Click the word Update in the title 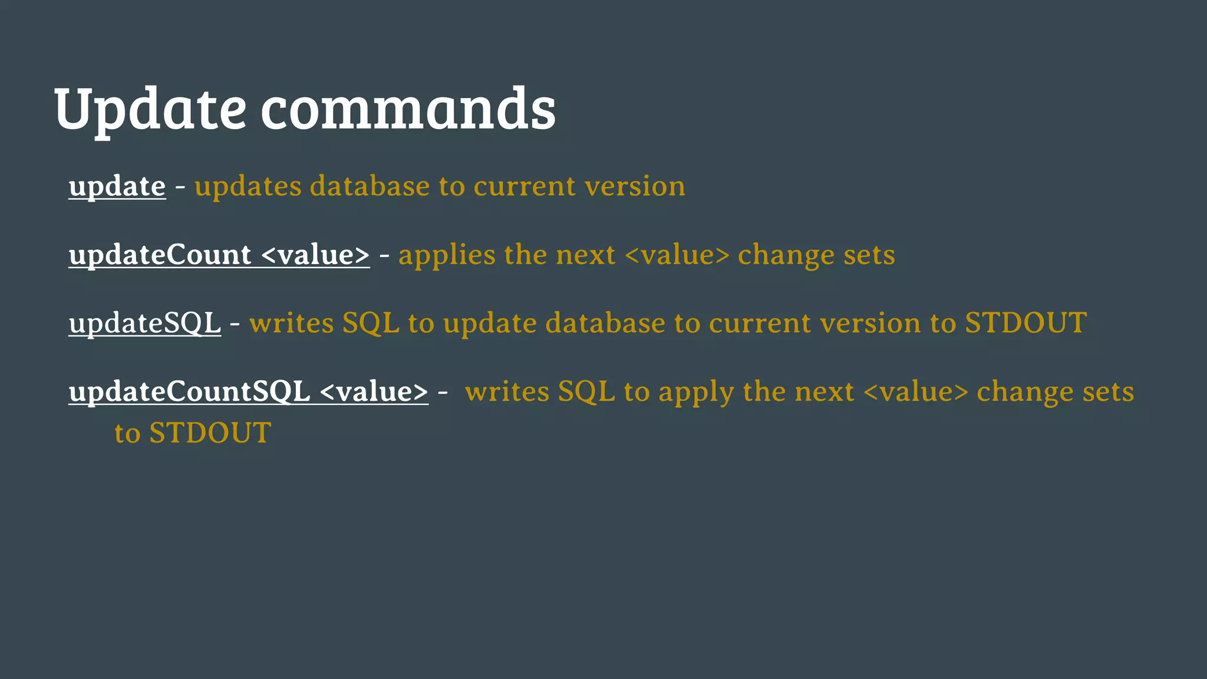150,109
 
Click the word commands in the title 408,109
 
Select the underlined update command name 117,187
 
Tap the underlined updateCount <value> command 219,255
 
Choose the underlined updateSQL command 145,324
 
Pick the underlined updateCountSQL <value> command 248,392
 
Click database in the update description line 370,187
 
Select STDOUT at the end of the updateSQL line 1025,324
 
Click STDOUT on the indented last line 210,433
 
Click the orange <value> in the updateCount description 677,255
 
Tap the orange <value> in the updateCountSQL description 915,392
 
